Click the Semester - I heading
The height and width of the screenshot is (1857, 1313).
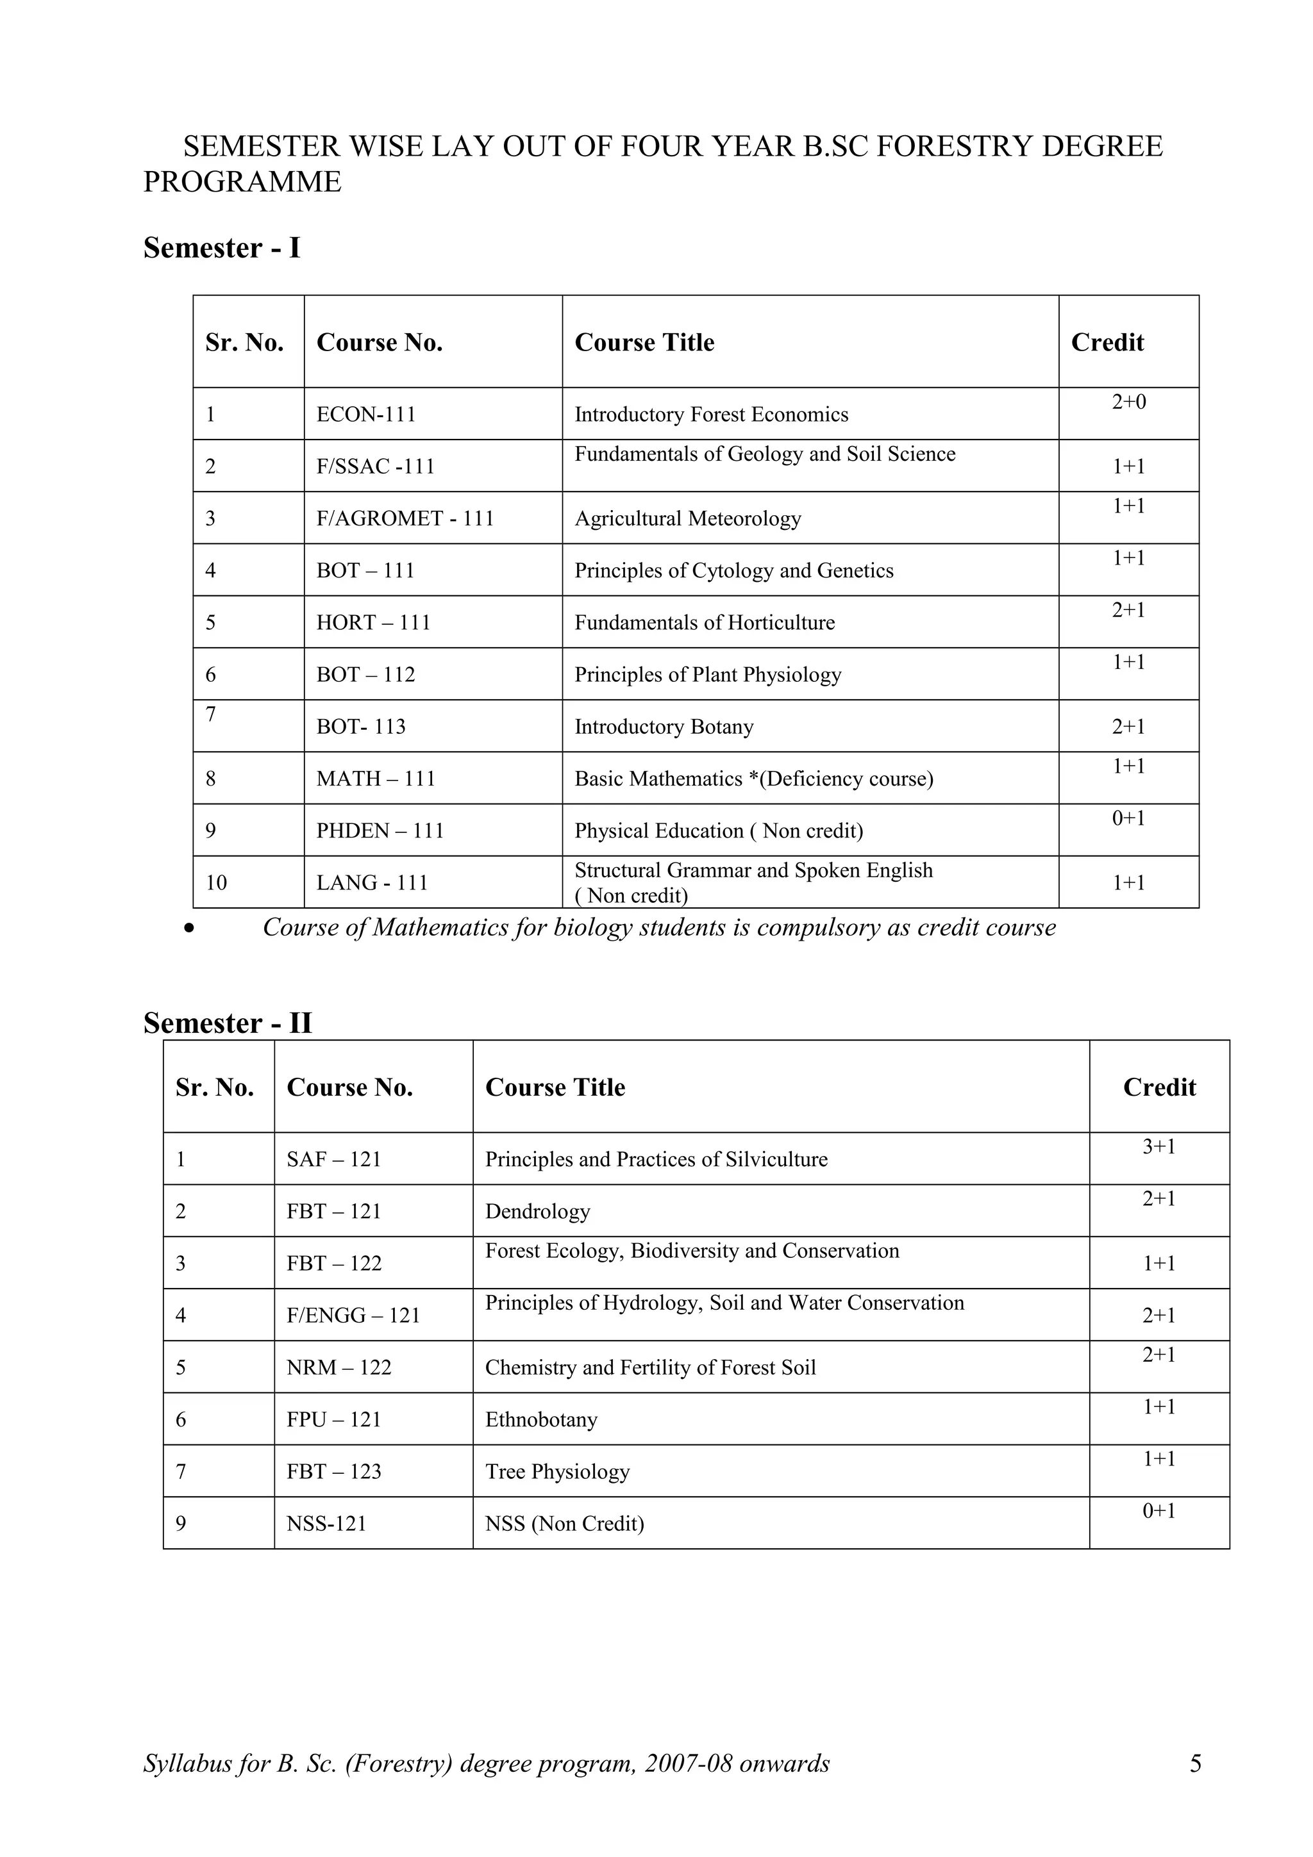tap(222, 247)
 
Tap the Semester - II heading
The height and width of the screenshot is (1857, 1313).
tap(228, 1023)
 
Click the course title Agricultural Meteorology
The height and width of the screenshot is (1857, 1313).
tap(688, 518)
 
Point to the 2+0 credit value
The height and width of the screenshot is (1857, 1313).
tap(1128, 402)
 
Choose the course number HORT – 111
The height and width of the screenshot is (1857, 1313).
tap(373, 623)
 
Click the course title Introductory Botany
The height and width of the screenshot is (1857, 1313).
tap(664, 727)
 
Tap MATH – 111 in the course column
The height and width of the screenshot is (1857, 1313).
tap(376, 779)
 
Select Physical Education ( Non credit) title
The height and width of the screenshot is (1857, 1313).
tap(719, 832)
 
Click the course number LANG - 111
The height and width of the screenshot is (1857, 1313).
tap(371, 883)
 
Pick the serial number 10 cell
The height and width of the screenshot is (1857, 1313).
tap(216, 883)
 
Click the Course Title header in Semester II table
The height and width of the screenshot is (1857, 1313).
tap(555, 1088)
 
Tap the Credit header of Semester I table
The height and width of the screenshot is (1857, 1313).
tap(1107, 343)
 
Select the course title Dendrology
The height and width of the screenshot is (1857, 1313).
tap(537, 1212)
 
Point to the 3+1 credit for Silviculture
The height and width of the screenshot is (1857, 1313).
tap(1158, 1147)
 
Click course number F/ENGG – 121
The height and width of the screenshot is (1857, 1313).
tap(353, 1316)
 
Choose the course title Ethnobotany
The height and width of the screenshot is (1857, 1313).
tap(540, 1420)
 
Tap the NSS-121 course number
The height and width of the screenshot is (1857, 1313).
tap(326, 1524)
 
